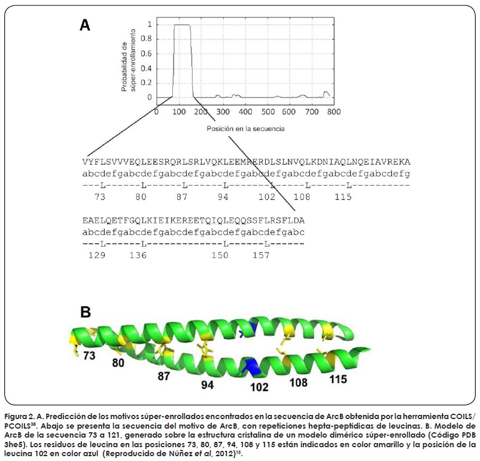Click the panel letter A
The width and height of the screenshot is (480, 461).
(x=86, y=25)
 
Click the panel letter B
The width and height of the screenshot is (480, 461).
(x=86, y=312)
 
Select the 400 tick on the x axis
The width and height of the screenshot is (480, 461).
(x=245, y=111)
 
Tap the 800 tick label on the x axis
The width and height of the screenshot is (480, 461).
(x=333, y=111)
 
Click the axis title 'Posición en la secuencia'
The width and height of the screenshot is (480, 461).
(x=245, y=129)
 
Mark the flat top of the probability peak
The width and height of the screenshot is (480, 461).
(x=181, y=25)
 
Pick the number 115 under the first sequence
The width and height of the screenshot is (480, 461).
(x=342, y=196)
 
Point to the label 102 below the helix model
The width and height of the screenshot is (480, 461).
(x=259, y=387)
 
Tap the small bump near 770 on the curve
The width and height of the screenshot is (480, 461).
(x=326, y=93)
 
